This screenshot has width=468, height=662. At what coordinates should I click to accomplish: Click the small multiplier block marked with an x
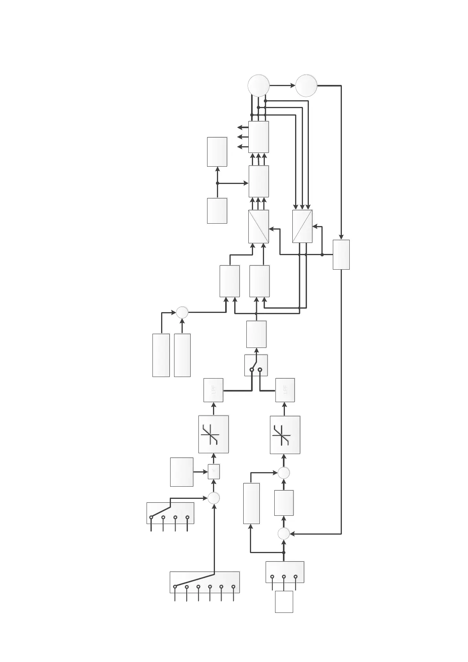[213, 471]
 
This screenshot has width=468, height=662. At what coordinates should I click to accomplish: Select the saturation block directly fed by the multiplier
[213, 434]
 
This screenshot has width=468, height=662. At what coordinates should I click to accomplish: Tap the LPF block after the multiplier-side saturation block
[213, 390]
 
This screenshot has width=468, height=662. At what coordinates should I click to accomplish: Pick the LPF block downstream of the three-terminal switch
[285, 390]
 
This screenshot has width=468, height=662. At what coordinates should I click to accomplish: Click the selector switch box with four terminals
[170, 513]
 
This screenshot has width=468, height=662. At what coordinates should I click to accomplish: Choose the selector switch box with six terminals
[204, 582]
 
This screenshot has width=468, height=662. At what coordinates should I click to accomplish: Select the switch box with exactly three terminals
[284, 572]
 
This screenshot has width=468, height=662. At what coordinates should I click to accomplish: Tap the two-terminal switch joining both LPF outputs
[256, 365]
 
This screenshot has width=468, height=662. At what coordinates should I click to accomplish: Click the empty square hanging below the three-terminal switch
[284, 601]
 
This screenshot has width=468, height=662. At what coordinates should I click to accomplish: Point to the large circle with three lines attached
[259, 85]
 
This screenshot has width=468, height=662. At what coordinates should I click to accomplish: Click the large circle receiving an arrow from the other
[306, 85]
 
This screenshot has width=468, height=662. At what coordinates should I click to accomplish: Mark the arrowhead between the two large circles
[293, 85]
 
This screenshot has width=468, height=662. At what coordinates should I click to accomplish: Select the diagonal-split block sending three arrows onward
[259, 226]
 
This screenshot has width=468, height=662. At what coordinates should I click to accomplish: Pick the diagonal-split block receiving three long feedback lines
[302, 226]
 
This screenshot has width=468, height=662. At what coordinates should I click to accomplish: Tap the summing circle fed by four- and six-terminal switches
[213, 498]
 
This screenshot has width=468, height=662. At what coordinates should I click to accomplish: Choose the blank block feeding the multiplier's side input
[182, 472]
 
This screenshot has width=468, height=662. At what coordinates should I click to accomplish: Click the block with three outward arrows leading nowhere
[259, 136]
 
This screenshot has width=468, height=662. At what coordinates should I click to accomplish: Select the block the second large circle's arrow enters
[341, 254]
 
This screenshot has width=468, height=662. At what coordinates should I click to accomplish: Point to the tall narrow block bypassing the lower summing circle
[251, 503]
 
